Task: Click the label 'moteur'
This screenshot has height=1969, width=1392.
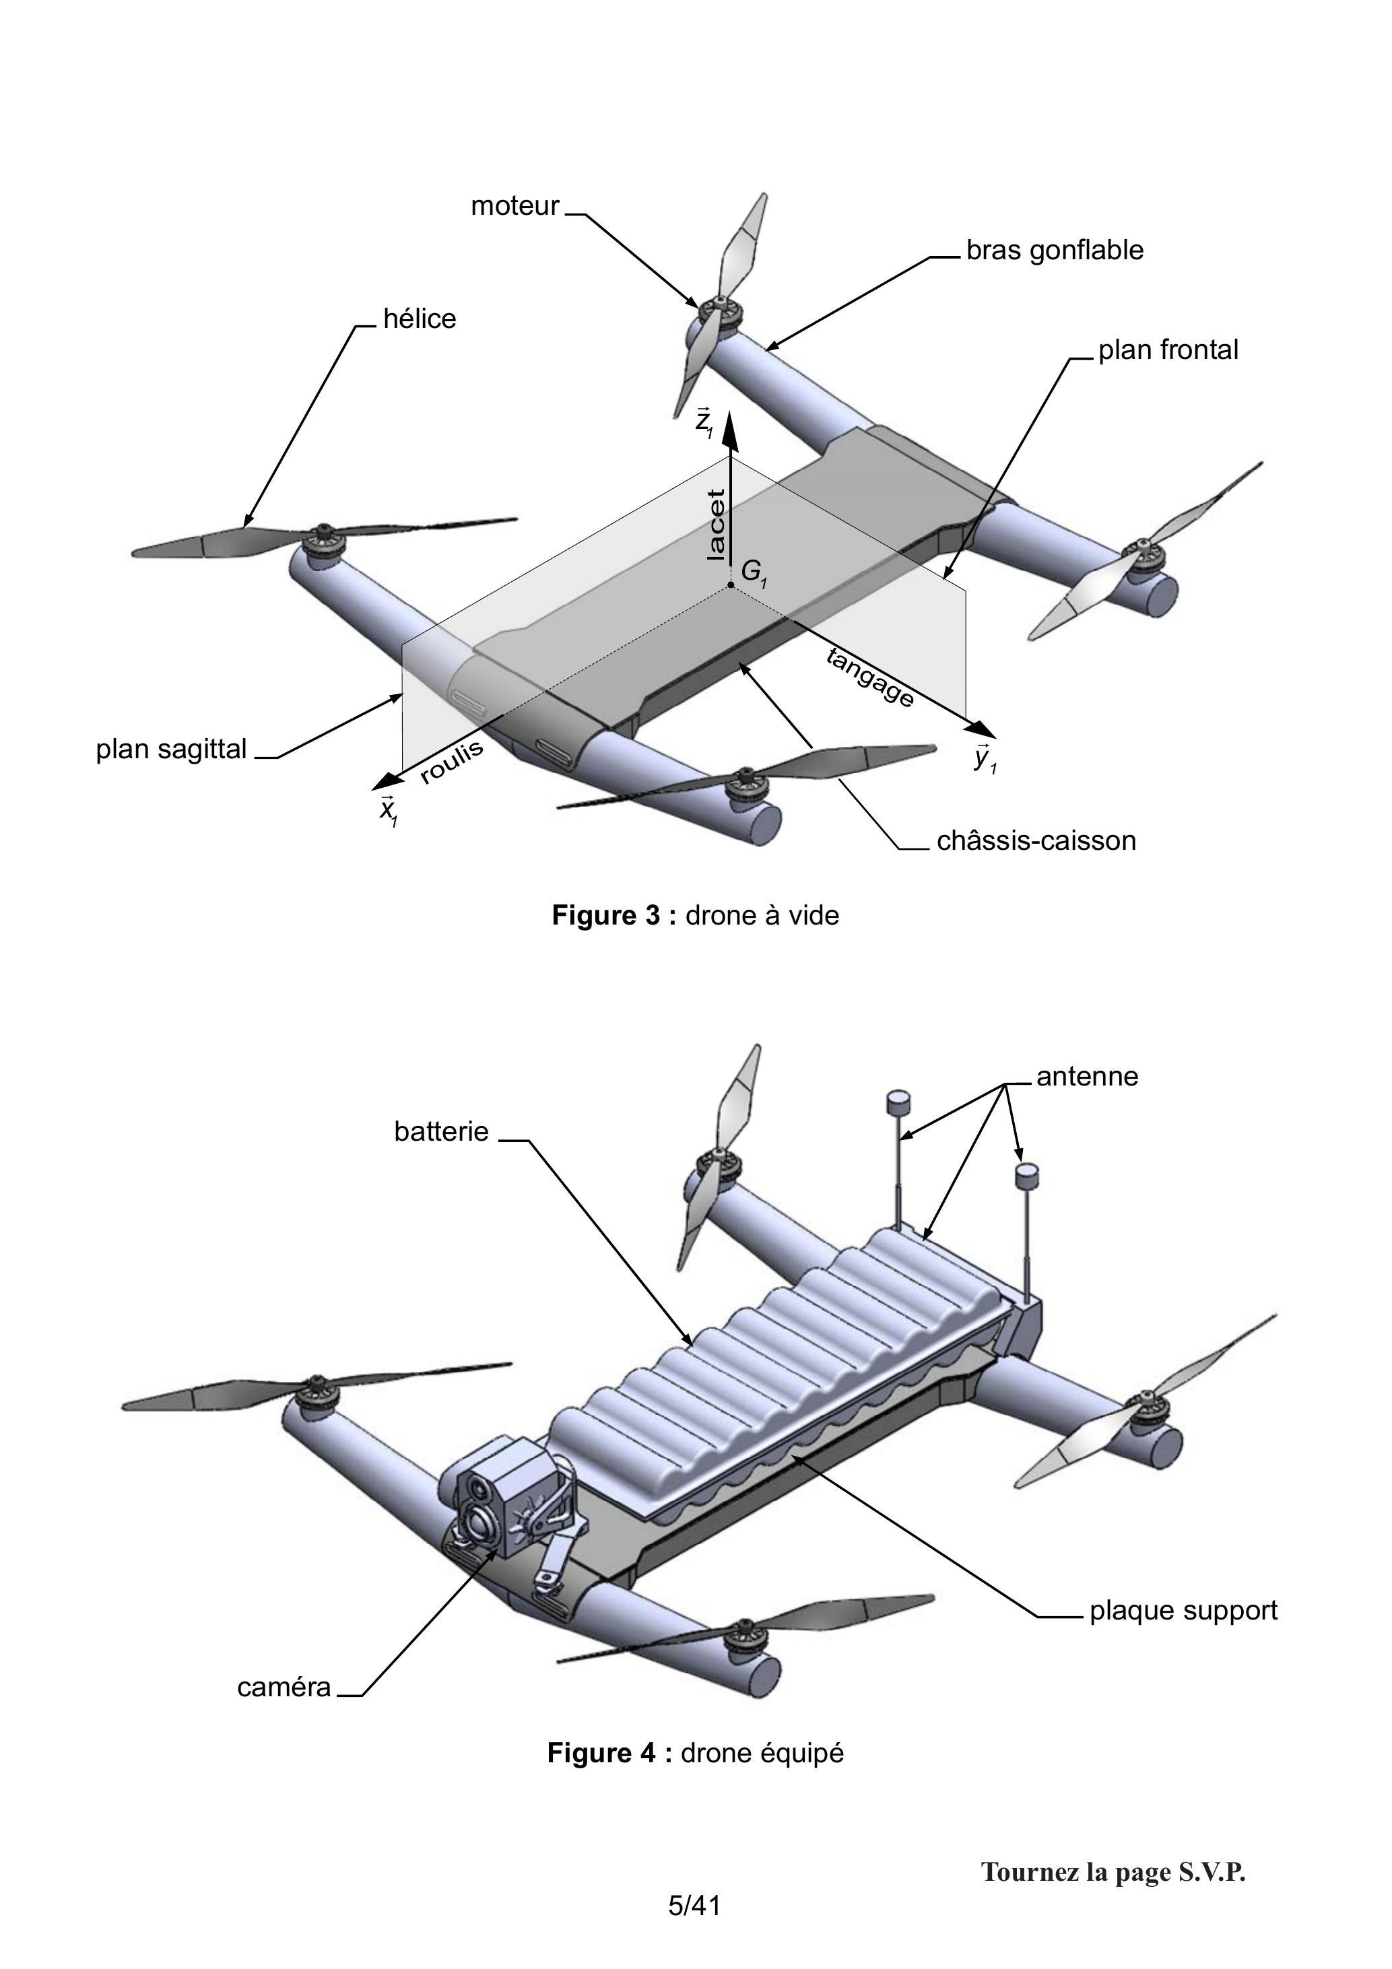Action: (515, 207)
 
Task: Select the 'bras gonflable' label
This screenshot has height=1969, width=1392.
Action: (1055, 251)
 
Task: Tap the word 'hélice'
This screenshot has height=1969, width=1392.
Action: (420, 319)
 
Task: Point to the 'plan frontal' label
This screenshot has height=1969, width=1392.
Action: (1168, 350)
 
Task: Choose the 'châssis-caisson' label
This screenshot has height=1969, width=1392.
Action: (1036, 840)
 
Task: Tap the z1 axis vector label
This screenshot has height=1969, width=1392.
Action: (704, 423)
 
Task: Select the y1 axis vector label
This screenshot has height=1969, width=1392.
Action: (985, 758)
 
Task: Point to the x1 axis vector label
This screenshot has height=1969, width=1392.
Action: (389, 809)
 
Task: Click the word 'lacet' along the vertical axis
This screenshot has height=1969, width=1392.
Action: (715, 525)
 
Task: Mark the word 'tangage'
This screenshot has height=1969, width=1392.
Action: (869, 677)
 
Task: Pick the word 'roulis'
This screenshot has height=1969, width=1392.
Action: (452, 762)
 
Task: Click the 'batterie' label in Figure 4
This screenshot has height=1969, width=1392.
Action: (442, 1132)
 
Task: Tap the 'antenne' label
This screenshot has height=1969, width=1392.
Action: (1088, 1076)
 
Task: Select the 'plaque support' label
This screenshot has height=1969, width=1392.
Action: (1184, 1611)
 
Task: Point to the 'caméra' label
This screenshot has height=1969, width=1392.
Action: (284, 1688)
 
